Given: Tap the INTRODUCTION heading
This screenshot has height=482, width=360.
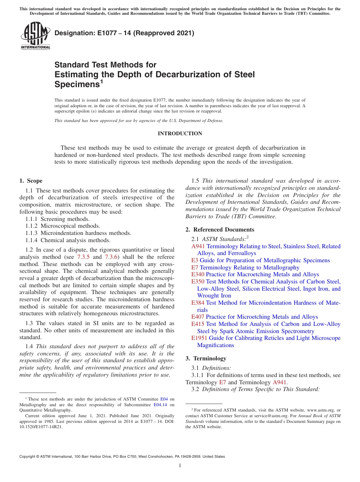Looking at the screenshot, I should pyautogui.click(x=180, y=133).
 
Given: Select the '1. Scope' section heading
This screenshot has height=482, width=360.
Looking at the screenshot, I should pyautogui.click(x=31, y=181).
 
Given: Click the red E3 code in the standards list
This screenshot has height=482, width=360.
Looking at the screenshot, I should pyautogui.click(x=194, y=260).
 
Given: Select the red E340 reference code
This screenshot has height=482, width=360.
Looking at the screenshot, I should pyautogui.click(x=198, y=274).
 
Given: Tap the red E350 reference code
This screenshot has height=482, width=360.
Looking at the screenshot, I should pyautogui.click(x=198, y=282).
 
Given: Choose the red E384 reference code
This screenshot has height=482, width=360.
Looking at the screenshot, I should pyautogui.click(x=198, y=303).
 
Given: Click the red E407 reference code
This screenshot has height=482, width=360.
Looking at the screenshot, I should pyautogui.click(x=198, y=317).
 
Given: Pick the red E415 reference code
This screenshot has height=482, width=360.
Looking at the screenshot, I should pyautogui.click(x=198, y=324).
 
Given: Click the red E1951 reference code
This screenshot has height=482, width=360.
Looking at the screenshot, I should pyautogui.click(x=199, y=338).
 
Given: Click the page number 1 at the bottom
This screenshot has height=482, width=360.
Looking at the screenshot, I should pyautogui.click(x=180, y=466).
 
